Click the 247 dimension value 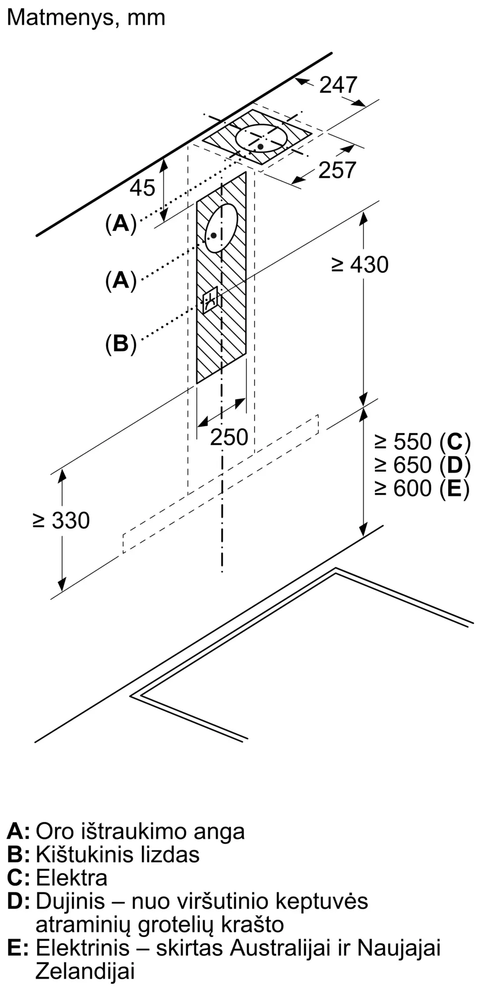click(338, 85)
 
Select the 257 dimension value click(337, 170)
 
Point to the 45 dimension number click(142, 188)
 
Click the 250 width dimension click(229, 437)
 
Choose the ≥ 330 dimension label click(61, 520)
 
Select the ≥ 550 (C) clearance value click(422, 441)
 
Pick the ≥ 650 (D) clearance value click(422, 465)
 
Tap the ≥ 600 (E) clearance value click(422, 489)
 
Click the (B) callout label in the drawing click(121, 343)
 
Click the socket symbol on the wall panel click(210, 300)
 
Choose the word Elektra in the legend click(71, 878)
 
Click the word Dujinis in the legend click(70, 901)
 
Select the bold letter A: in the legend click(18, 831)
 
